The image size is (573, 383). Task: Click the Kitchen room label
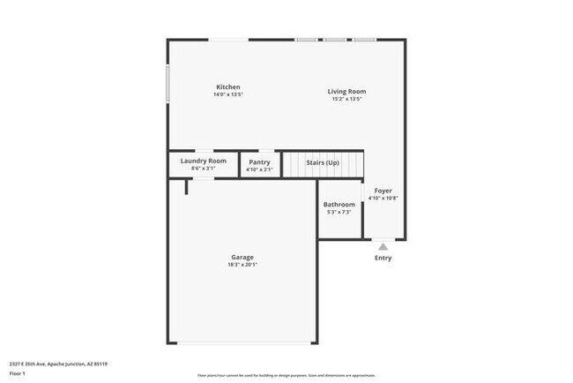(x=227, y=86)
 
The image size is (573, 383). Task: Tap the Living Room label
(x=347, y=91)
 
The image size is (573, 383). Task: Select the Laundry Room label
(x=204, y=161)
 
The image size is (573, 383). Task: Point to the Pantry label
(x=259, y=161)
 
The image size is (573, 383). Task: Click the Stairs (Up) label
(x=322, y=162)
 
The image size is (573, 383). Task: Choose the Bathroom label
(x=339, y=205)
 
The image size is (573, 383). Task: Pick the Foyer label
(x=383, y=191)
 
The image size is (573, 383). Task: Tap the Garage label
(x=242, y=257)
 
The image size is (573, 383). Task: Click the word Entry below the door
(x=383, y=258)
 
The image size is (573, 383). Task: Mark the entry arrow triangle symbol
(x=383, y=246)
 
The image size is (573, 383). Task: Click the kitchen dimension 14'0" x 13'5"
(x=227, y=94)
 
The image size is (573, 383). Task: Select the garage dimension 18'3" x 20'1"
(x=242, y=265)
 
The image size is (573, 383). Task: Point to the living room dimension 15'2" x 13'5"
(x=347, y=99)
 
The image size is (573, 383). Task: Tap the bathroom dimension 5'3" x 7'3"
(x=339, y=213)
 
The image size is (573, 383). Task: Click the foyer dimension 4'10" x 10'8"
(x=383, y=199)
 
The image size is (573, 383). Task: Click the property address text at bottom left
(x=59, y=363)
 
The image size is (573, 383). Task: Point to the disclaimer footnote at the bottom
(x=286, y=374)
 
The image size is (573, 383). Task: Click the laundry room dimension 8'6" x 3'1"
(x=204, y=169)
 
